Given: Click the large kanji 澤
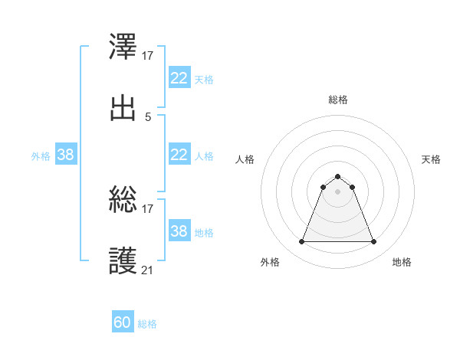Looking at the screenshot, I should (x=123, y=47).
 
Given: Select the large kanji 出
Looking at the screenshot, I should (x=123, y=108).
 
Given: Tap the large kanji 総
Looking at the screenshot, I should (x=123, y=200).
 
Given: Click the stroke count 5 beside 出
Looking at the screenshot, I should (x=148, y=117).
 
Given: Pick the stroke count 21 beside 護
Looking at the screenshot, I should (x=148, y=270).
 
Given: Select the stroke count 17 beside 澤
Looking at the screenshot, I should (x=148, y=56).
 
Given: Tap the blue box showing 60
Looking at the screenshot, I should (x=123, y=323).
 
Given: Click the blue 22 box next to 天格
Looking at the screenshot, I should (x=179, y=78).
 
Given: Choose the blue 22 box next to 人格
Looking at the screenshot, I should (x=179, y=155).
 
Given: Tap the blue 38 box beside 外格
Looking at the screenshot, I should (x=65, y=155).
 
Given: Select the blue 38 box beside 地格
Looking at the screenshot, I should (x=179, y=231).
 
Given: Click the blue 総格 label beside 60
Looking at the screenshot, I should (x=147, y=325).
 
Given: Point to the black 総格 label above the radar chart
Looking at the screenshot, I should (x=337, y=100).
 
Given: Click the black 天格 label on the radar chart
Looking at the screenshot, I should (x=432, y=159).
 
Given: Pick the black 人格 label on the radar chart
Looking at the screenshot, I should (x=245, y=159).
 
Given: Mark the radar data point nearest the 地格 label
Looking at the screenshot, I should (x=374, y=242).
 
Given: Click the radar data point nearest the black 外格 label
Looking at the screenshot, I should (x=301, y=242).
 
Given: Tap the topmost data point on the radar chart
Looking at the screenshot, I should (x=337, y=176).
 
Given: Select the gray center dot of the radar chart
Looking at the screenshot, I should (x=337, y=191).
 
